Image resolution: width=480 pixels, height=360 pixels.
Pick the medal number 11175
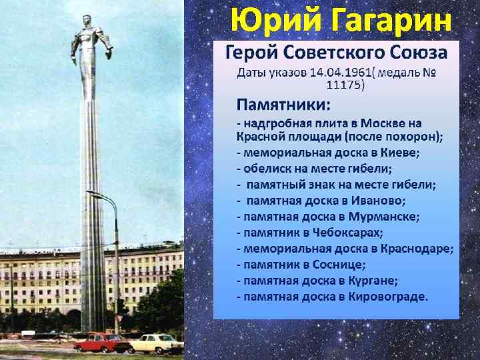point(345,85)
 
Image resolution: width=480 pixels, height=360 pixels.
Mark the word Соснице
point(339,264)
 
